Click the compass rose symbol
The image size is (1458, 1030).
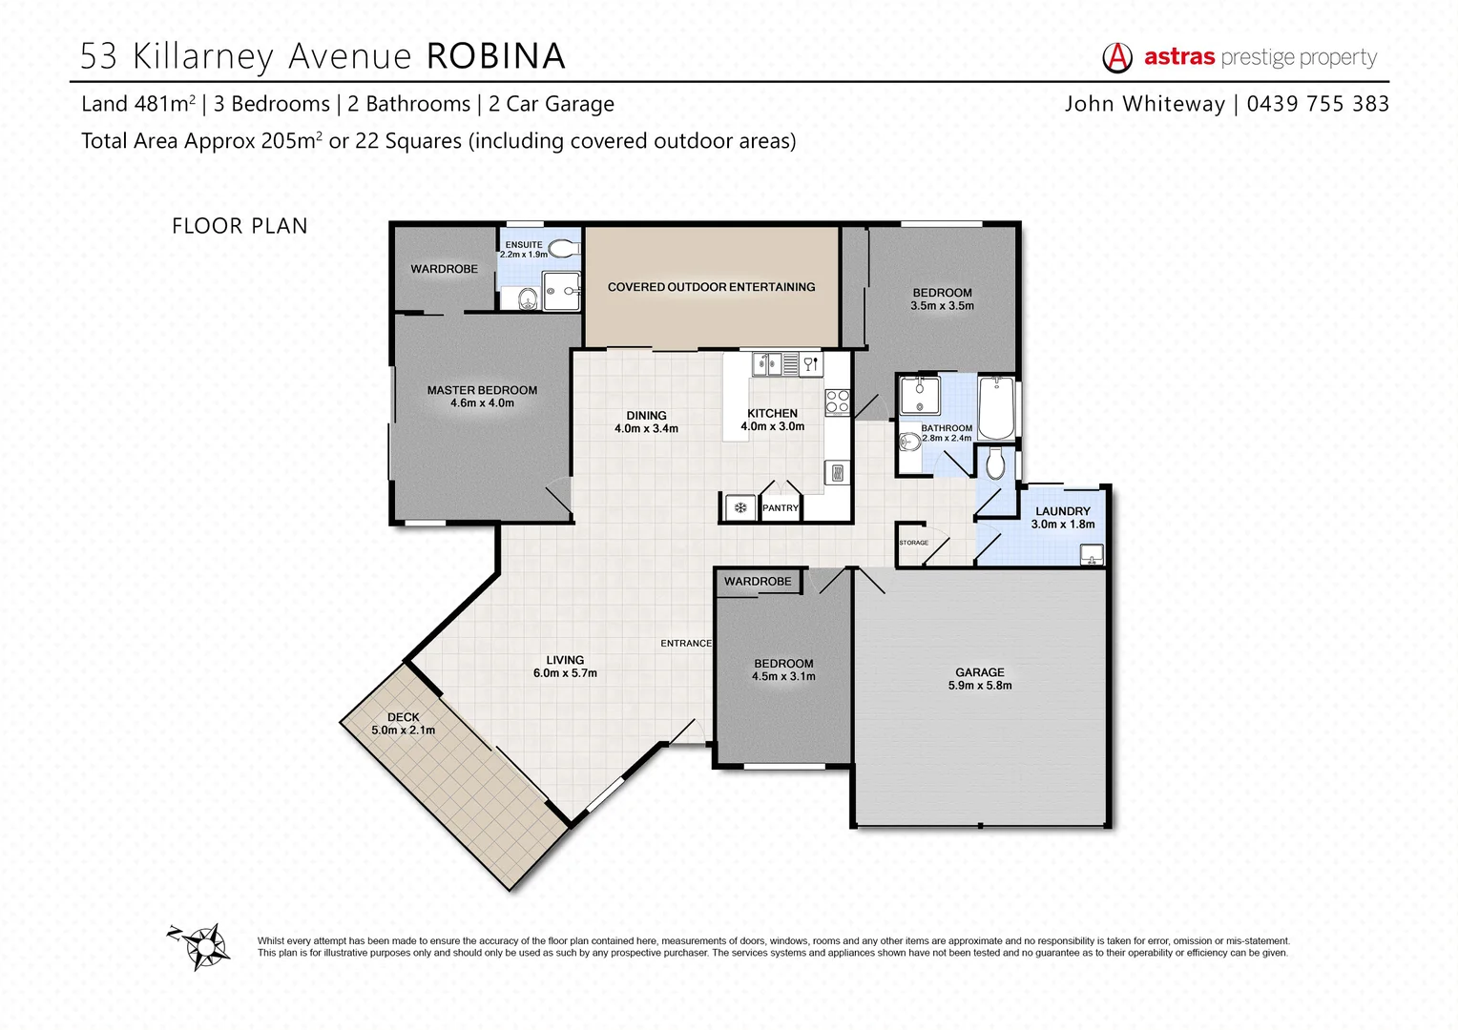pyautogui.click(x=203, y=946)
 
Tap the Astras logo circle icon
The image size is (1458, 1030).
pyautogui.click(x=1117, y=58)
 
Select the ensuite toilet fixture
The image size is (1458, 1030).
pyautogui.click(x=564, y=249)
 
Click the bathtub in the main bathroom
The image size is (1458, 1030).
pyautogui.click(x=996, y=408)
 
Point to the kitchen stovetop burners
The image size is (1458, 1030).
pyautogui.click(x=837, y=402)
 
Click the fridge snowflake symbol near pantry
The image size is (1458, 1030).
pyautogui.click(x=739, y=508)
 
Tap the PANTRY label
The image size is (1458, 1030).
pyautogui.click(x=780, y=508)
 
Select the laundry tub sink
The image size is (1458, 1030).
pyautogui.click(x=1090, y=554)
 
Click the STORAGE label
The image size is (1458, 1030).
pyautogui.click(x=913, y=543)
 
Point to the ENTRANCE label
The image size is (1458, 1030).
pyautogui.click(x=686, y=644)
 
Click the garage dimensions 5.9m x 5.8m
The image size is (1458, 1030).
pyautogui.click(x=980, y=686)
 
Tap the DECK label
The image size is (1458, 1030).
pyautogui.click(x=404, y=717)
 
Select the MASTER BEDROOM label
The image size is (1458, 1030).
pyautogui.click(x=482, y=390)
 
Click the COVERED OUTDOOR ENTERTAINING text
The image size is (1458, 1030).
pyautogui.click(x=711, y=287)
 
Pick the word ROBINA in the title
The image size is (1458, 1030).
pyautogui.click(x=495, y=56)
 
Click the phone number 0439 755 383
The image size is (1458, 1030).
pyautogui.click(x=1318, y=104)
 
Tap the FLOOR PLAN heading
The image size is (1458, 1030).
pyautogui.click(x=240, y=226)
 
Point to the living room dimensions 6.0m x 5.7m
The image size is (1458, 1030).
pyautogui.click(x=565, y=673)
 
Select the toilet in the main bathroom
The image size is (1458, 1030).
pyautogui.click(x=995, y=464)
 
